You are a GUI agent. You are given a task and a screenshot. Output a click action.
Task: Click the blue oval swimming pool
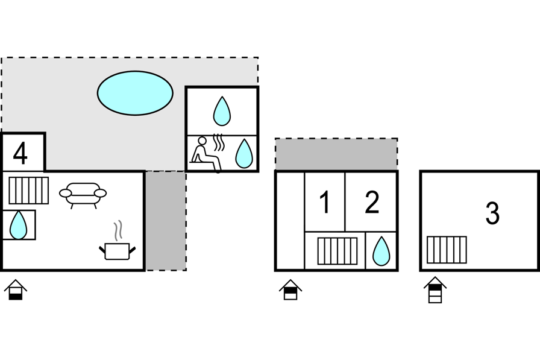click(x=135, y=93)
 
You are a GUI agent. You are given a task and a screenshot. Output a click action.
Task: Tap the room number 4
click(x=20, y=154)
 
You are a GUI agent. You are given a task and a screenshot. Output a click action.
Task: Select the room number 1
click(x=325, y=203)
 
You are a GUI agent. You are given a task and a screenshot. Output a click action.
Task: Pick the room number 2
click(x=372, y=203)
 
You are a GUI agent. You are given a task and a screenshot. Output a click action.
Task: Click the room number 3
click(x=492, y=213)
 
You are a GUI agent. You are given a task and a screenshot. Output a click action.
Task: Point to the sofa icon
click(x=83, y=195)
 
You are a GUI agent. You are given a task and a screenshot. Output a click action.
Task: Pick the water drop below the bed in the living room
click(x=19, y=225)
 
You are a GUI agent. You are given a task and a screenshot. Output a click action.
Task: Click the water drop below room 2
click(x=381, y=251)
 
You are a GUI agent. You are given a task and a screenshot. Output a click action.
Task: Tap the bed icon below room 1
click(x=337, y=251)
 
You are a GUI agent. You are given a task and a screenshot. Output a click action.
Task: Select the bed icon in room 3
click(x=447, y=250)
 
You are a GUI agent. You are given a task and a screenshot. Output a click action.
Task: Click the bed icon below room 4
click(x=28, y=191)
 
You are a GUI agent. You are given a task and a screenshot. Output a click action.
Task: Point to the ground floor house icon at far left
click(x=16, y=290)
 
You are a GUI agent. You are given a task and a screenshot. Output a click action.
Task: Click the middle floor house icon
click(x=290, y=289)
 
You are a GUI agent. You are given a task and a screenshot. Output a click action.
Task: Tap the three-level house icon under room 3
click(x=435, y=290)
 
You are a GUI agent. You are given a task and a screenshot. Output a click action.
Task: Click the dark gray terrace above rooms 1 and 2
click(x=336, y=154)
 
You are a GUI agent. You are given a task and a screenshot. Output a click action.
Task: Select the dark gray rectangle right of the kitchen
click(x=166, y=221)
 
